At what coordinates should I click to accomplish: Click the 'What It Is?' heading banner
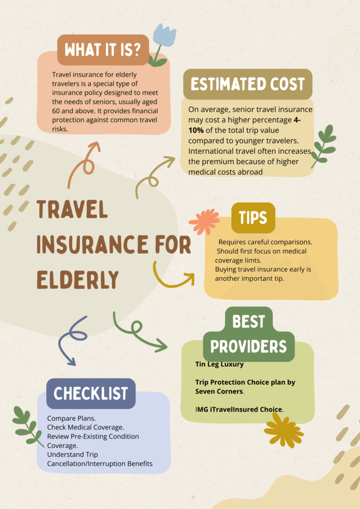point(103,50)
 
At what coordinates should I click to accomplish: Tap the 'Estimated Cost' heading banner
point(247,84)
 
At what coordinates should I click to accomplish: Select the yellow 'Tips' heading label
point(253,218)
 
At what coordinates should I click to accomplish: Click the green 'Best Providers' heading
point(249,334)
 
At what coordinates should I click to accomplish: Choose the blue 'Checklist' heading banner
point(90,393)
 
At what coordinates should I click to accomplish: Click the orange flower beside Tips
point(203,221)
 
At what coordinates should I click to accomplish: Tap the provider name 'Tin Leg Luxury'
point(219,364)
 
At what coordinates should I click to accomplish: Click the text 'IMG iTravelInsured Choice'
point(239,410)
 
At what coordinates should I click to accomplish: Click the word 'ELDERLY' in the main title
point(78,278)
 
